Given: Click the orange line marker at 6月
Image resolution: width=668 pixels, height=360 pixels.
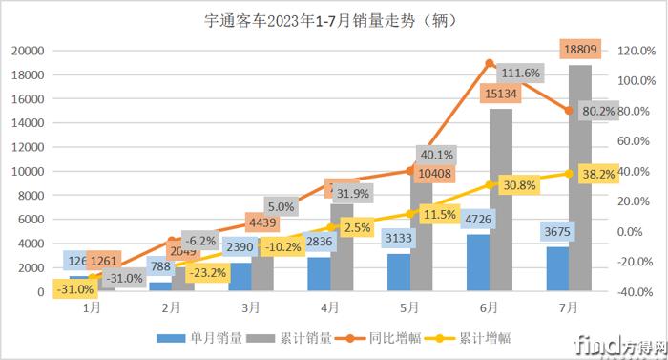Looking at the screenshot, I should click(x=490, y=64).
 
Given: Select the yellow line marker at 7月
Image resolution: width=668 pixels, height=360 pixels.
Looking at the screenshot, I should click(x=570, y=174).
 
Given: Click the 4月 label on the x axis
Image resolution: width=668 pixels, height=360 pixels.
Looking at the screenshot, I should click(x=330, y=308).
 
